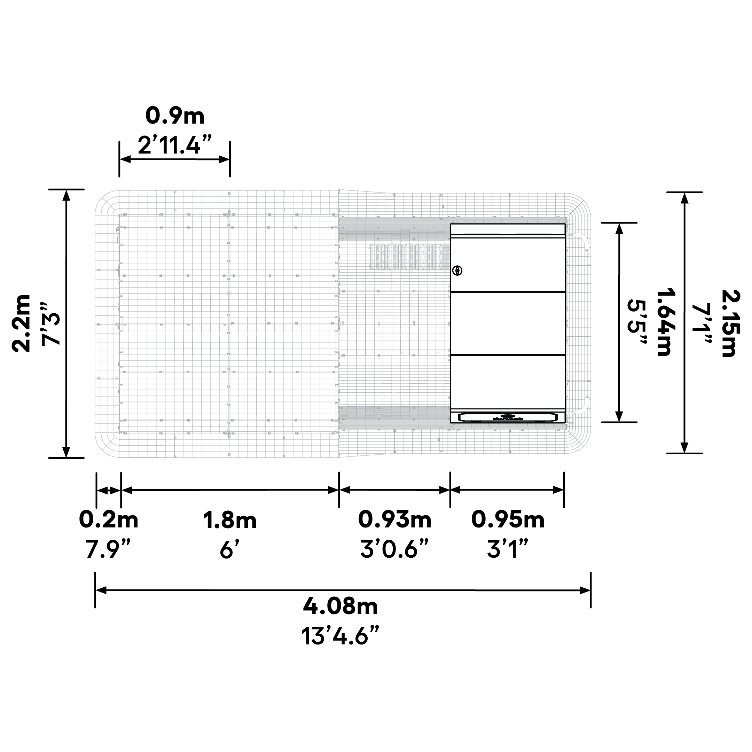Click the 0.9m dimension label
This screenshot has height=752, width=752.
click(x=175, y=116)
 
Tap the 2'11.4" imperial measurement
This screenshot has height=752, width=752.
click(x=175, y=145)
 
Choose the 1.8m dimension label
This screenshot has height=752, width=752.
click(x=230, y=520)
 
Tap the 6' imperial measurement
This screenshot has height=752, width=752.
click(x=230, y=549)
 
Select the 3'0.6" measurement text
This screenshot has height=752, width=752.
click(x=395, y=549)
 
